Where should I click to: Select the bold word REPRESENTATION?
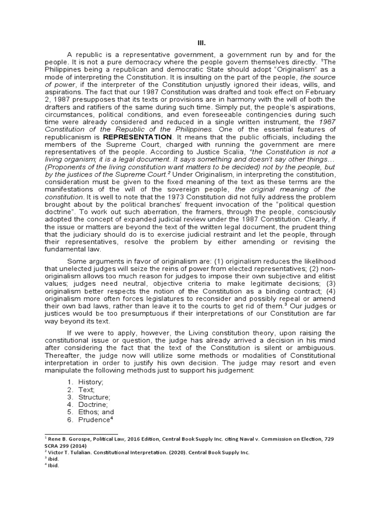click(x=137, y=136)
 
